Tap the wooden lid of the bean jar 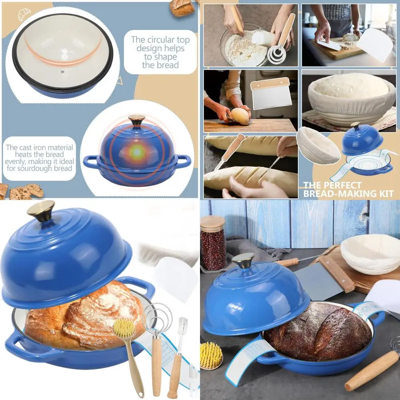tap(213, 222)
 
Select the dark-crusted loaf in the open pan tap(319, 330)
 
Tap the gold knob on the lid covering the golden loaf tap(41, 210)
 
